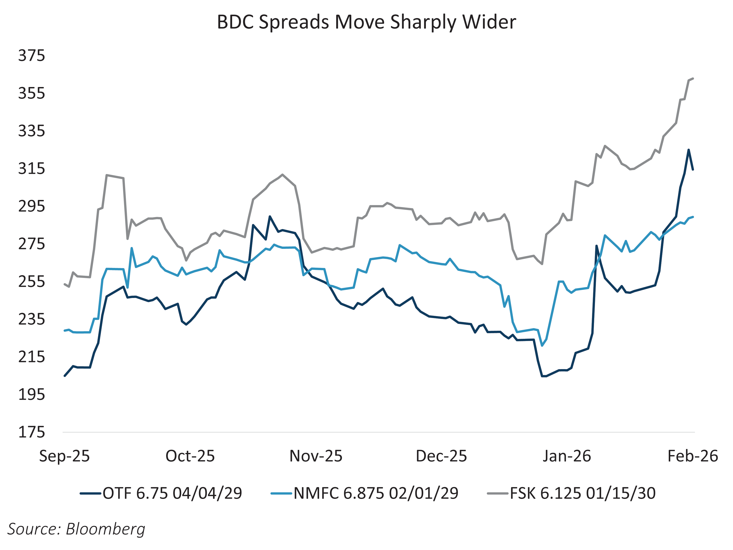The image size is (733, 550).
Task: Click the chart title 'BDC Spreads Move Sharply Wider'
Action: point(366,22)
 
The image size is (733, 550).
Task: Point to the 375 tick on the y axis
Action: point(32,56)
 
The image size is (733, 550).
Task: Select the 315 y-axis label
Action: point(32,169)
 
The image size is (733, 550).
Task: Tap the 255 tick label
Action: point(32,282)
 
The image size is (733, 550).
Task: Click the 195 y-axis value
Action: point(32,395)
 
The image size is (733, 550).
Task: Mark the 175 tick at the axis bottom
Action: point(32,432)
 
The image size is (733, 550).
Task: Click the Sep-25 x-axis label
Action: point(65,456)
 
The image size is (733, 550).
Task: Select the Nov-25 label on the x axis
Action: point(316,456)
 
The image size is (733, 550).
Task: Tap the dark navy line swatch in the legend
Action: point(90,494)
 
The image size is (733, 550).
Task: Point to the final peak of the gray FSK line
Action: point(693,78)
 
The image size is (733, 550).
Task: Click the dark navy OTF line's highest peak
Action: point(688,150)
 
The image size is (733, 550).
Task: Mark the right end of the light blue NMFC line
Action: point(693,217)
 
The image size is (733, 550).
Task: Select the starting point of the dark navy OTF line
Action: point(65,376)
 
